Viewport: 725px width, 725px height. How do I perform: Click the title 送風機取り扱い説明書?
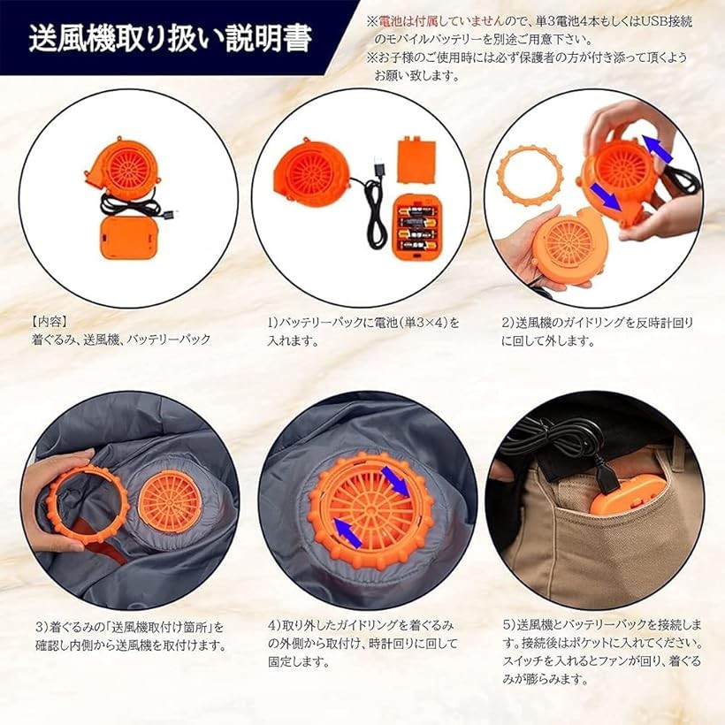click(170, 39)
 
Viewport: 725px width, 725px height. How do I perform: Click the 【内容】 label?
click(50, 321)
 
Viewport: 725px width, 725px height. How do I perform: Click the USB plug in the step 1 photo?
click(379, 167)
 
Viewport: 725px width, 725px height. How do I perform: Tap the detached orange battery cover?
click(416, 159)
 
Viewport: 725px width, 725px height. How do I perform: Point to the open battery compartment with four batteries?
click(416, 226)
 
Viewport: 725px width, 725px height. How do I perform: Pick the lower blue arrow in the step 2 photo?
click(606, 195)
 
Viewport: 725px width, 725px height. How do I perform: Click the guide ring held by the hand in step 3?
click(88, 505)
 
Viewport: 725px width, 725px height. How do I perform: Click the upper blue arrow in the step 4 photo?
click(395, 481)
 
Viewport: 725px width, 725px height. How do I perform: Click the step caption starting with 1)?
click(363, 332)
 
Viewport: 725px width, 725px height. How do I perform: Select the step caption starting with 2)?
click(598, 332)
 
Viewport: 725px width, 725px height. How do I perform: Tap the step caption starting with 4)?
click(362, 643)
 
